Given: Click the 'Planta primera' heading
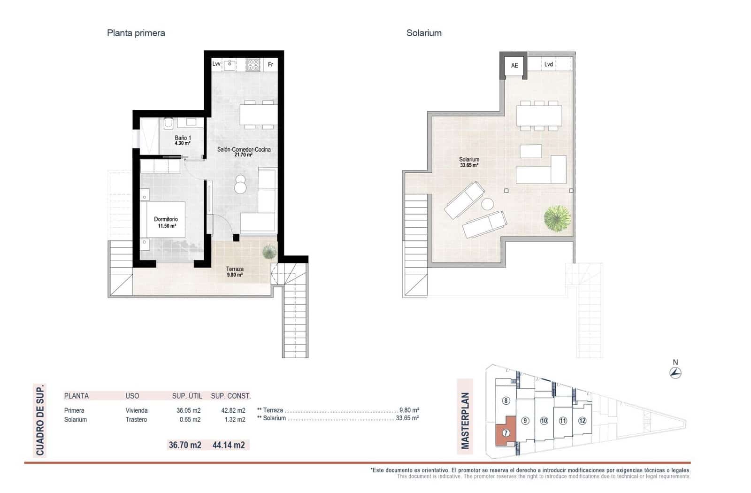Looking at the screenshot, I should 136,33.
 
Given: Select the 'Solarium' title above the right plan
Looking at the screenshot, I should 423,33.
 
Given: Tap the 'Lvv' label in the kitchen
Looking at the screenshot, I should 216,64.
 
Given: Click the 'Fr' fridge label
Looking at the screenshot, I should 270,64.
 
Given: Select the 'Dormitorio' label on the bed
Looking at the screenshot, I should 166,219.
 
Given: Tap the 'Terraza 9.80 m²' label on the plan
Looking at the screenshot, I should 235,271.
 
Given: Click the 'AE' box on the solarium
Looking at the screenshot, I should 514,65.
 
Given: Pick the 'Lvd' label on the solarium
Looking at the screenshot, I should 548,64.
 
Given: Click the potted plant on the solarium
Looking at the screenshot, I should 557,218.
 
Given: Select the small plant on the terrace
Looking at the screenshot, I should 269,252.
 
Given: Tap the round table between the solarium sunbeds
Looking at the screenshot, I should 488,204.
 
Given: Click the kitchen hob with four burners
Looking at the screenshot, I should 253,65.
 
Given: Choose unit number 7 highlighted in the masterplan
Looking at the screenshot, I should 506,433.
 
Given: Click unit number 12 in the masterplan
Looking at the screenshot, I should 582,421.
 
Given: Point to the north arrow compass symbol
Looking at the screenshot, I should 675,373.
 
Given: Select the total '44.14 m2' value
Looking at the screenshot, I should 229,445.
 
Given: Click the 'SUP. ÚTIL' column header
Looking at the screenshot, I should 187,396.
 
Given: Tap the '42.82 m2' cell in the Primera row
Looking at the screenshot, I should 233,410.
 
